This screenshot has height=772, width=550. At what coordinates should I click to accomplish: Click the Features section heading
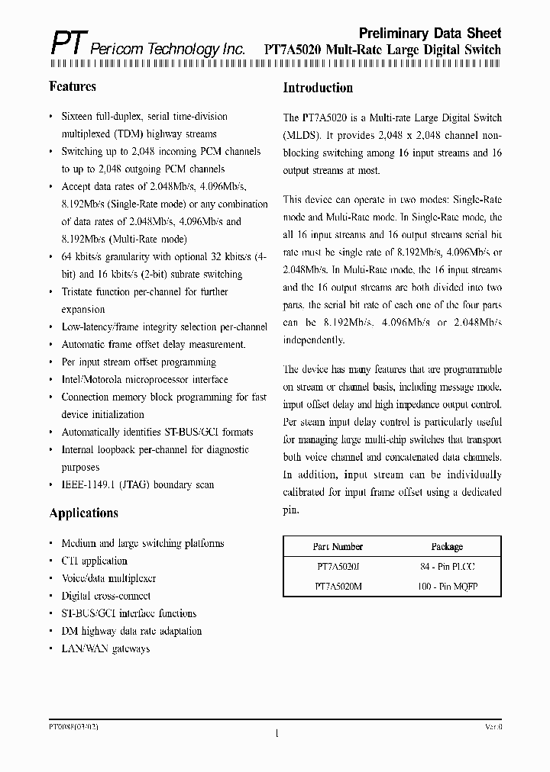pyautogui.click(x=73, y=86)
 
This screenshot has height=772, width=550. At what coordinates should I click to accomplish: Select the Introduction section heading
pyautogui.click(x=318, y=88)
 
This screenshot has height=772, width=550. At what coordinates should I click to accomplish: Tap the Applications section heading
pyautogui.click(x=83, y=513)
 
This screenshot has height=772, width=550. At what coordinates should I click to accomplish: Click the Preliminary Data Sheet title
pyautogui.click(x=430, y=33)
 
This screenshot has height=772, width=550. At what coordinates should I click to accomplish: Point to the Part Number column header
pyautogui.click(x=338, y=547)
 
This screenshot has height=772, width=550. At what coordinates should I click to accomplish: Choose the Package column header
pyautogui.click(x=447, y=547)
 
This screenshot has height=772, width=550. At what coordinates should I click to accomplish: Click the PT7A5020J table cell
pyautogui.click(x=338, y=567)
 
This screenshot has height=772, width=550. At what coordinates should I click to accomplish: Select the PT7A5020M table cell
pyautogui.click(x=338, y=587)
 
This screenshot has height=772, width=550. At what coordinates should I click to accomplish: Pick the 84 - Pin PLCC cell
pyautogui.click(x=447, y=567)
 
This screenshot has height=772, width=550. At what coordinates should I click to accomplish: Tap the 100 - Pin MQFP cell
pyautogui.click(x=447, y=587)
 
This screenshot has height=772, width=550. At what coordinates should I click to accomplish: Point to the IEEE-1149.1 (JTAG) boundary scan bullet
pyautogui.click(x=137, y=484)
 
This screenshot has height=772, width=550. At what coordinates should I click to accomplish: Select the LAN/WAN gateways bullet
pyautogui.click(x=105, y=648)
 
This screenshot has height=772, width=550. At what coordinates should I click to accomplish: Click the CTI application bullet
pyautogui.click(x=94, y=561)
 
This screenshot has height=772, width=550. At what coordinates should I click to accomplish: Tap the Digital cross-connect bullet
pyautogui.click(x=105, y=596)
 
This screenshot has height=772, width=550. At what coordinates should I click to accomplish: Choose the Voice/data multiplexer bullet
pyautogui.click(x=108, y=578)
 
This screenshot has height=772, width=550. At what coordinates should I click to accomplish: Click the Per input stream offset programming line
pyautogui.click(x=138, y=362)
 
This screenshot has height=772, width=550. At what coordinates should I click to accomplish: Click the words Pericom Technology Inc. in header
pyautogui.click(x=168, y=50)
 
